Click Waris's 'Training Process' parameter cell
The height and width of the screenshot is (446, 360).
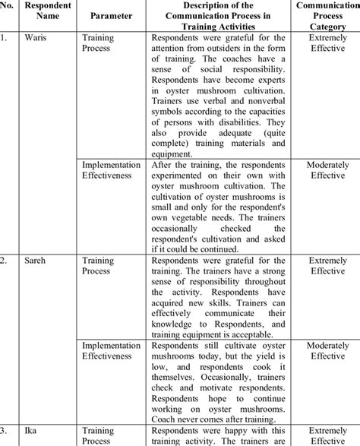click(x=100, y=43)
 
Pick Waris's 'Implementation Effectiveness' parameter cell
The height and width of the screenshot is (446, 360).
click(x=112, y=169)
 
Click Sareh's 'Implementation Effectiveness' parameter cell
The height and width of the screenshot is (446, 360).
click(x=112, y=350)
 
